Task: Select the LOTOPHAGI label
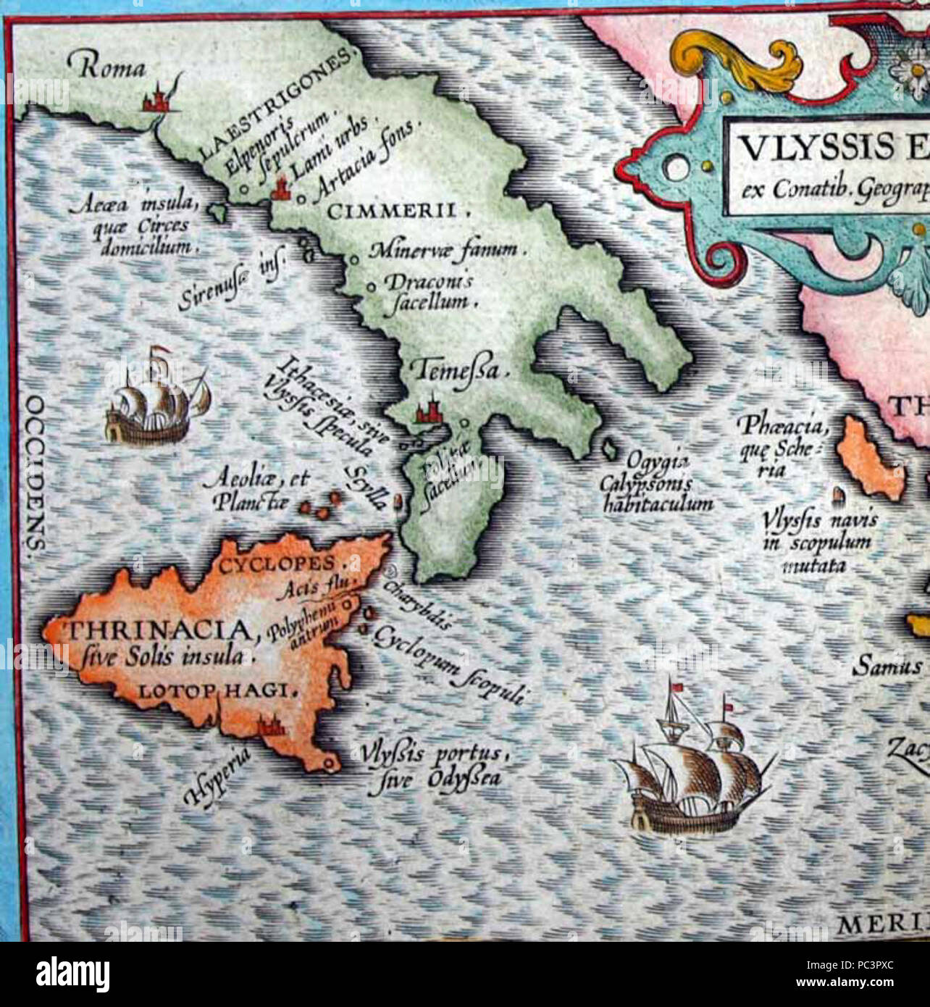217,691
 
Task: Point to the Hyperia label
218,778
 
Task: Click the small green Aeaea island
218,211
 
